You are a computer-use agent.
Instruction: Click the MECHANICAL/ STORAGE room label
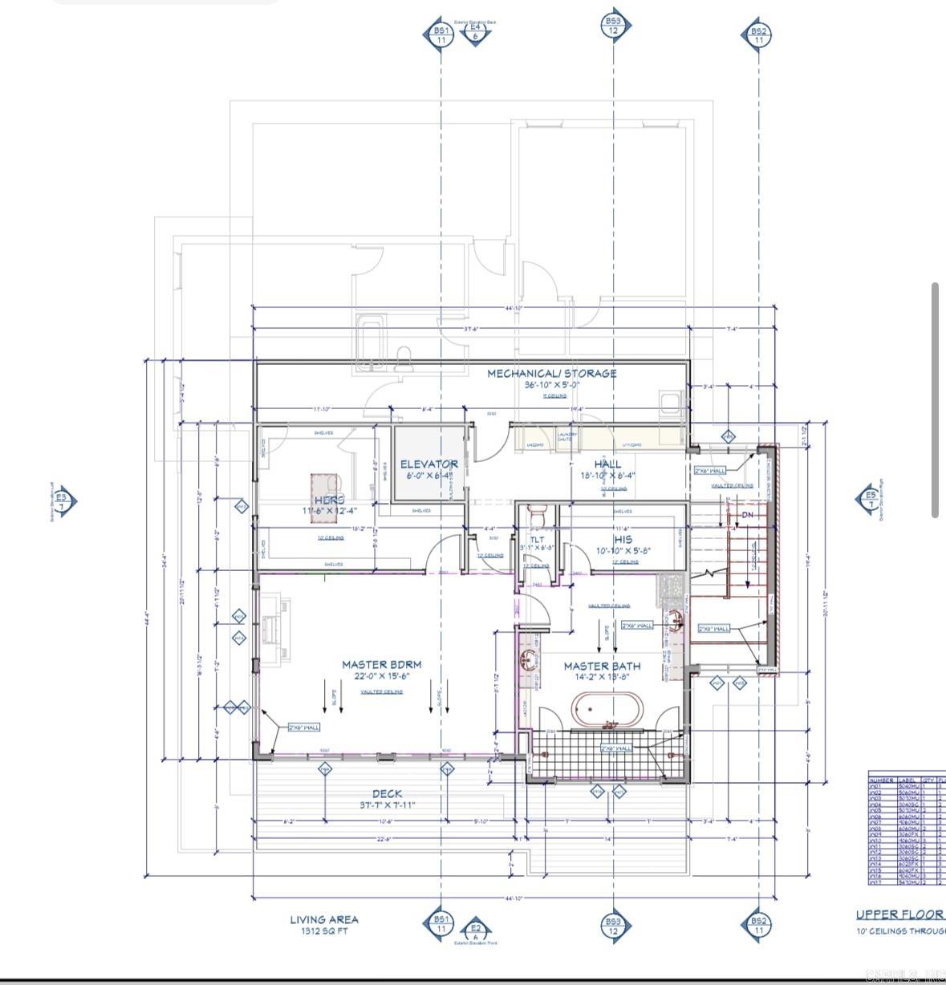click(x=552, y=373)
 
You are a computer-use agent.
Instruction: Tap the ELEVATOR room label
click(x=429, y=464)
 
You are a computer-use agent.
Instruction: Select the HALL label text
click(x=607, y=464)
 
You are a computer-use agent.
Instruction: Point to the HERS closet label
click(x=329, y=500)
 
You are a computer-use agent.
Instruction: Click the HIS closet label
click(x=623, y=540)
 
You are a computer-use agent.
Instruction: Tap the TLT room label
click(x=537, y=540)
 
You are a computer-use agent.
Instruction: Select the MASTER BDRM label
click(x=381, y=664)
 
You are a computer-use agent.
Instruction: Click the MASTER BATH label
click(x=602, y=666)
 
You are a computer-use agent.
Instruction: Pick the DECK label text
click(x=387, y=794)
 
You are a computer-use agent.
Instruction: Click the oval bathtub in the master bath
click(x=607, y=710)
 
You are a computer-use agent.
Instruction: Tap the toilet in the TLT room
click(x=538, y=511)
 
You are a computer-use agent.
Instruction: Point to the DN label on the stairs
click(x=748, y=514)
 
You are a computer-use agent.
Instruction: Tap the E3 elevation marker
click(x=64, y=501)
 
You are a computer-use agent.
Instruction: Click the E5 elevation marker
click(x=870, y=499)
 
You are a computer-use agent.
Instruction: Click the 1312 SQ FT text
click(x=324, y=931)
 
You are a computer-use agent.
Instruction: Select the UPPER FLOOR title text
click(x=899, y=914)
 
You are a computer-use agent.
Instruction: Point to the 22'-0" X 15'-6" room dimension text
click(x=381, y=676)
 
